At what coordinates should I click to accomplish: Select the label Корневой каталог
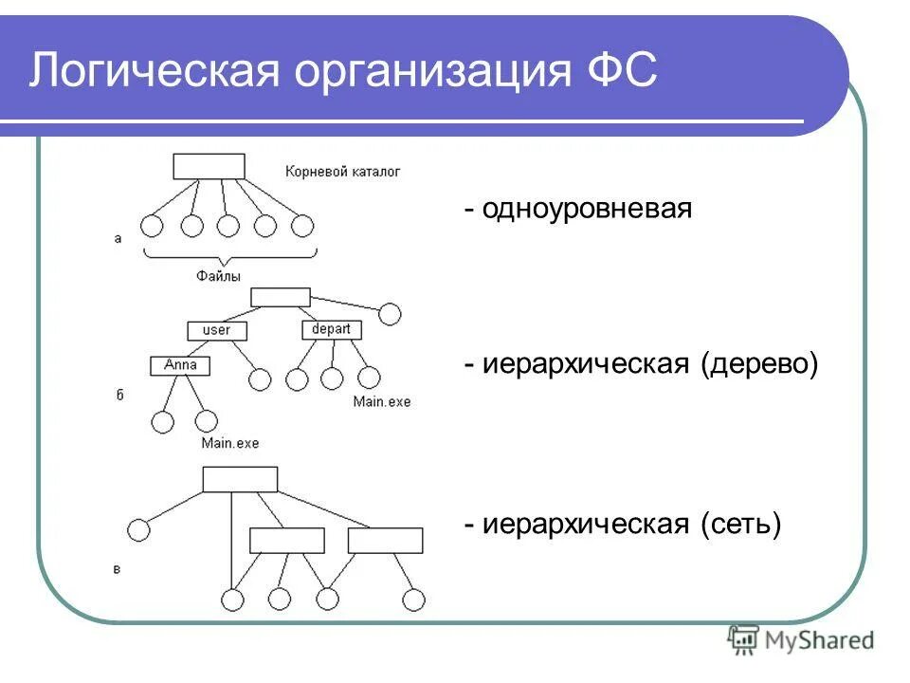[x=342, y=172]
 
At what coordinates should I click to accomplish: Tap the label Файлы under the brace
[x=218, y=275]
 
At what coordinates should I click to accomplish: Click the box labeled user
[x=217, y=330]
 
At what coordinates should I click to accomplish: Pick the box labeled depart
[x=332, y=329]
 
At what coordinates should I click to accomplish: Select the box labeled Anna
[x=180, y=365]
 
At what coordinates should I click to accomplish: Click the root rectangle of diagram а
[x=209, y=167]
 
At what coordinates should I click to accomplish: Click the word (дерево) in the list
[x=759, y=364]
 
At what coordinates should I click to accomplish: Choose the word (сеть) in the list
[x=741, y=523]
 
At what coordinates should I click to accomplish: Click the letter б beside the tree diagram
[x=118, y=394]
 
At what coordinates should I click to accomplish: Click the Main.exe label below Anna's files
[x=229, y=443]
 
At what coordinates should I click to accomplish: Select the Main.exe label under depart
[x=382, y=402]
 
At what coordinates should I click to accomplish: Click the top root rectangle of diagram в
[x=240, y=479]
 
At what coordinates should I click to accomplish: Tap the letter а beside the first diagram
[x=118, y=239]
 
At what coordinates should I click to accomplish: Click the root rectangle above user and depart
[x=281, y=297]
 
